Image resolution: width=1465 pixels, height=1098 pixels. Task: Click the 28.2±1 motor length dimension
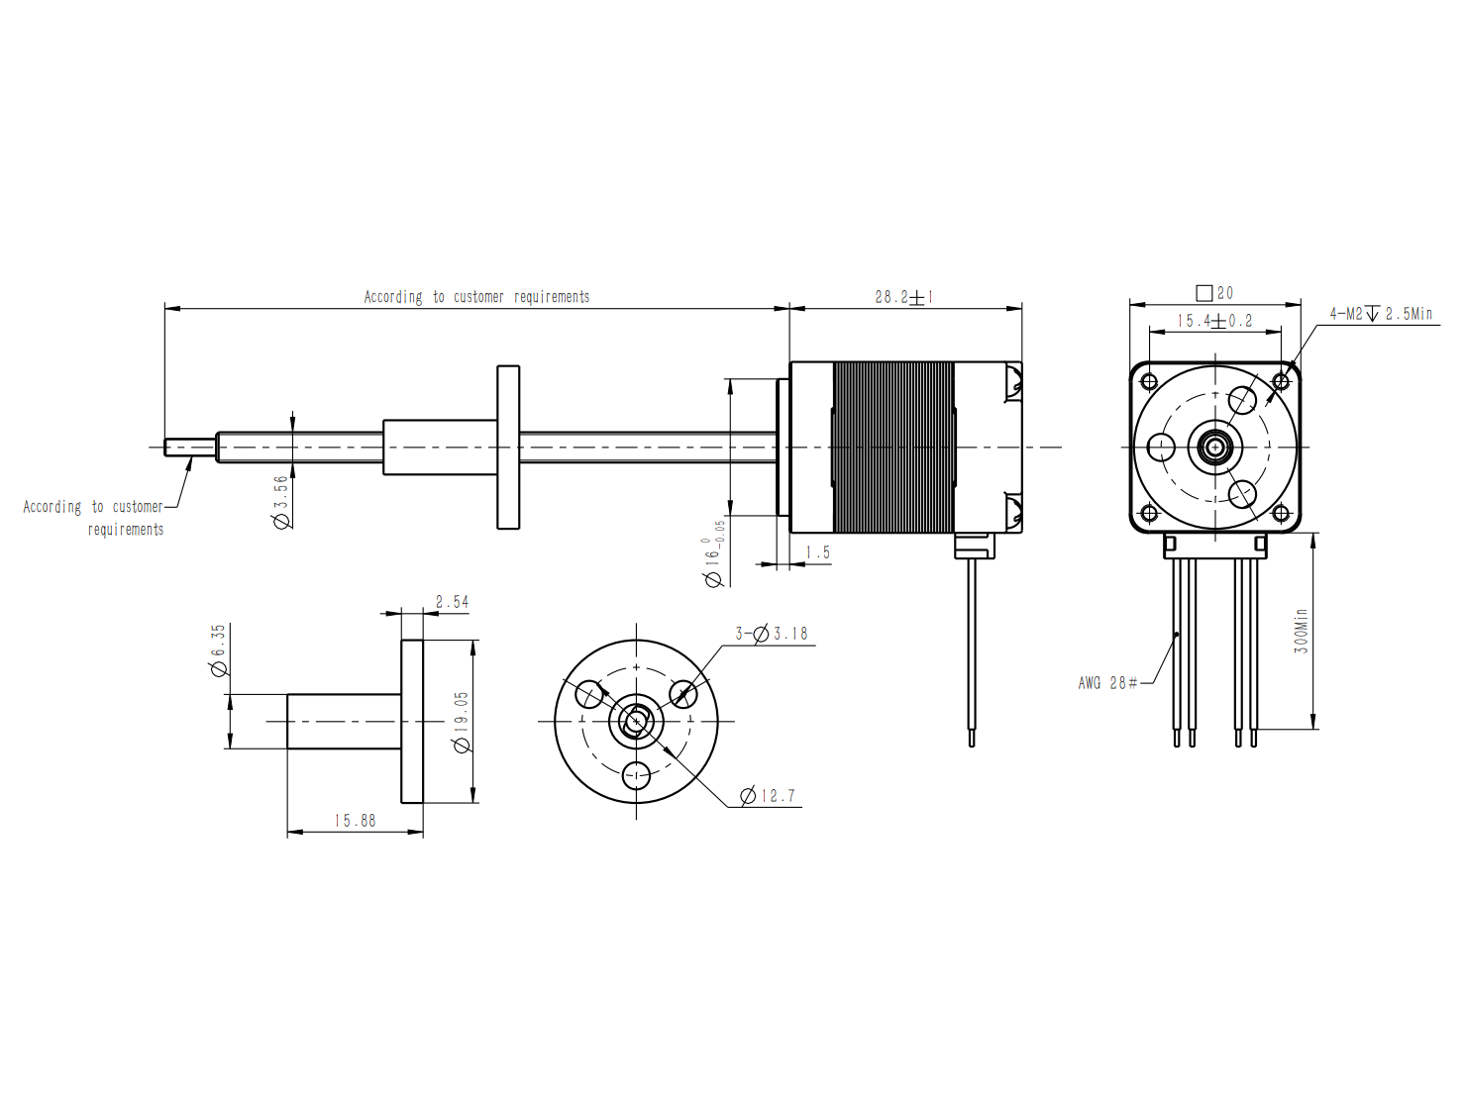(x=903, y=297)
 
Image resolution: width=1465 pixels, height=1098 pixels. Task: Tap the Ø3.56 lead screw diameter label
(x=281, y=502)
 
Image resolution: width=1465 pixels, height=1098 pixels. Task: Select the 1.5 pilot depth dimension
(x=817, y=552)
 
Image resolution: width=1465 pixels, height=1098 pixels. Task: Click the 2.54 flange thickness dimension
(x=452, y=602)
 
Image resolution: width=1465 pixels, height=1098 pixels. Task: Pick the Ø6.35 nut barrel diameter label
(x=218, y=649)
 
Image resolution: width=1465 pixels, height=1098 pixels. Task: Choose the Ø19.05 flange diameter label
(x=462, y=722)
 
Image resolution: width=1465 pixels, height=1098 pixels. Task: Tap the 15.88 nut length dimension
(x=355, y=821)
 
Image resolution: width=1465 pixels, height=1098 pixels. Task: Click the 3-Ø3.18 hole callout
(x=771, y=633)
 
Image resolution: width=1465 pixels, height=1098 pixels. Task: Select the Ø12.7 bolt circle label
(x=768, y=796)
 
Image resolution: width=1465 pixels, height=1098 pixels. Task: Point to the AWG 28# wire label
(x=1107, y=682)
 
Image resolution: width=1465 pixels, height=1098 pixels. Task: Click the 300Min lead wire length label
(x=1301, y=631)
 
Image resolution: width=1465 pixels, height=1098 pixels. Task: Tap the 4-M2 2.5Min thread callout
(x=1381, y=314)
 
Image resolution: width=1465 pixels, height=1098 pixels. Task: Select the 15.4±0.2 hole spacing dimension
(x=1214, y=321)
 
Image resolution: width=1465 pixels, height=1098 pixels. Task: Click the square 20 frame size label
(x=1214, y=293)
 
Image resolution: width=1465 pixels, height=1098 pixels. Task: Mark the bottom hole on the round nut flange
(x=636, y=775)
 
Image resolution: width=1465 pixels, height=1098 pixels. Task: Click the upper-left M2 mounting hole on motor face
(x=1149, y=381)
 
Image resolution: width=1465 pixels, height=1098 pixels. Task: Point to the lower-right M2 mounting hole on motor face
(x=1281, y=513)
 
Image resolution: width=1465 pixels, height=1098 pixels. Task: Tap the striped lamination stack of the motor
(x=893, y=447)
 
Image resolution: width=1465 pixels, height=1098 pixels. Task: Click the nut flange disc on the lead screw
(x=508, y=447)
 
